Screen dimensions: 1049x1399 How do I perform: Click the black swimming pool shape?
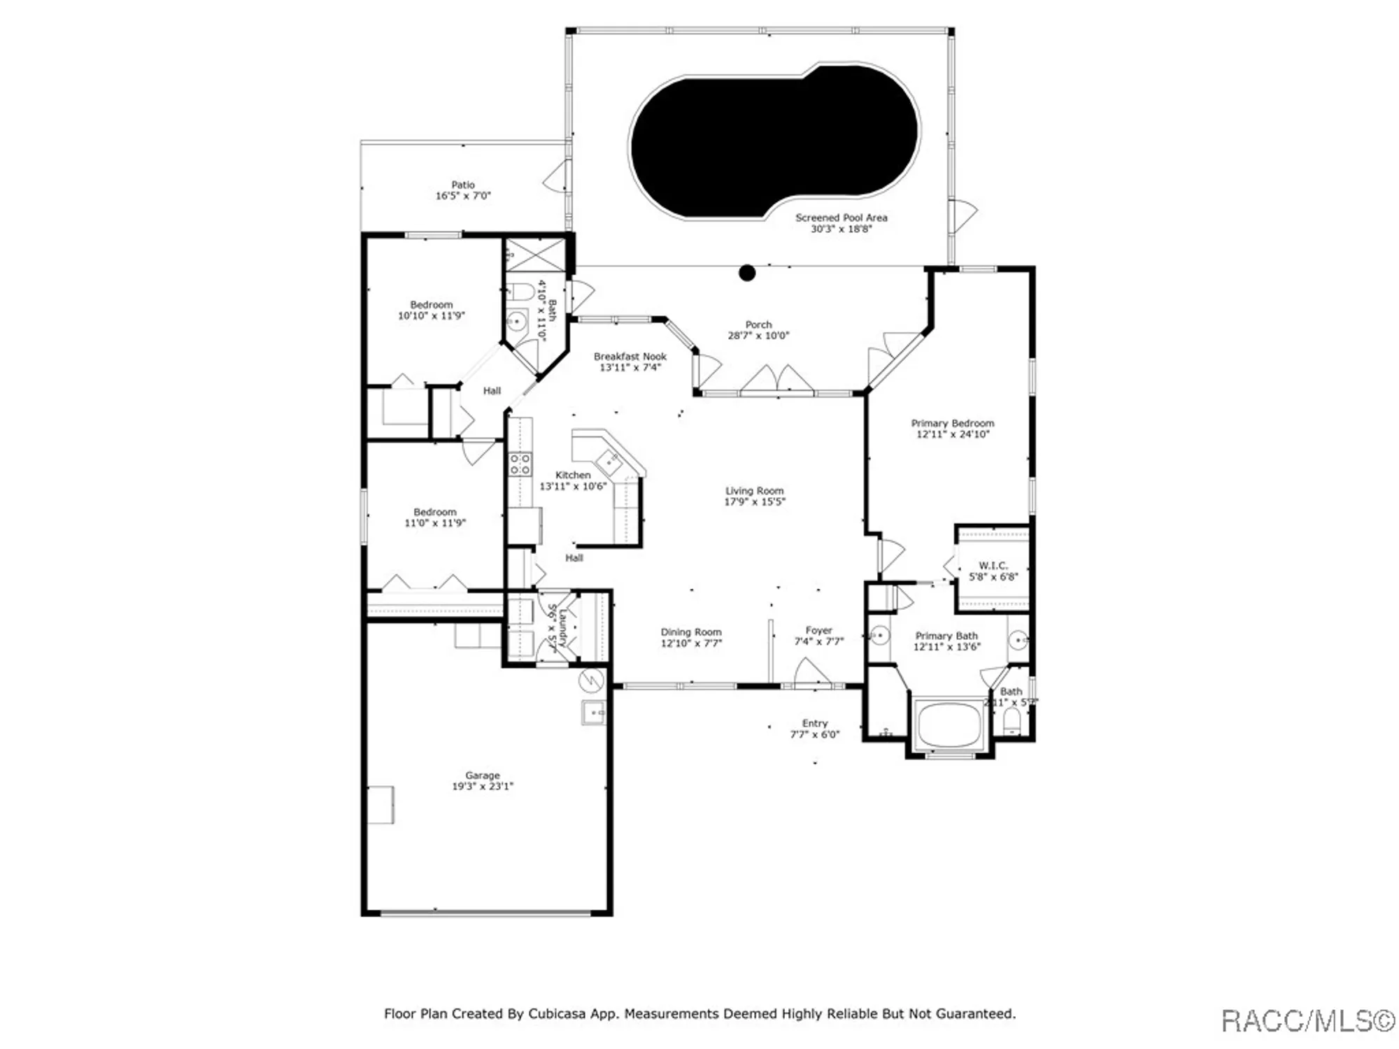[773, 140]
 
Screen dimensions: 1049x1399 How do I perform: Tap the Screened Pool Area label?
[841, 218]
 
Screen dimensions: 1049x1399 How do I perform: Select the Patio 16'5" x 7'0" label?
[463, 190]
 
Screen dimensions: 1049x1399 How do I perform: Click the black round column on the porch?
[747, 273]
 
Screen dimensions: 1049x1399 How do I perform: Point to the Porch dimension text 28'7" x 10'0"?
[758, 336]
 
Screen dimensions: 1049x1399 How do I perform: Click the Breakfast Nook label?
[630, 357]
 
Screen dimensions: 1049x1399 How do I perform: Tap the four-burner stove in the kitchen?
[520, 464]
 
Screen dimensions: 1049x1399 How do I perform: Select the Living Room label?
[754, 491]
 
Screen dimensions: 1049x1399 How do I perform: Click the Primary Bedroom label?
[952, 423]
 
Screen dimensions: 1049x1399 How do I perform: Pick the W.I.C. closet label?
[993, 565]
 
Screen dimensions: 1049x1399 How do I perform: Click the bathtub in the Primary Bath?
[949, 725]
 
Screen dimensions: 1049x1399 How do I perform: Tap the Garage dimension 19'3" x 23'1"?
[482, 786]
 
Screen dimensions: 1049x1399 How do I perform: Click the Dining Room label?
[690, 632]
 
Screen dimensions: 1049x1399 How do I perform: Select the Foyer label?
[818, 631]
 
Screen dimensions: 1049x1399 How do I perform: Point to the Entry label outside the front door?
[814, 723]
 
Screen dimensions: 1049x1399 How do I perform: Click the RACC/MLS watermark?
[1307, 1021]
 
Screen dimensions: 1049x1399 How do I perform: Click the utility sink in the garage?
[593, 713]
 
